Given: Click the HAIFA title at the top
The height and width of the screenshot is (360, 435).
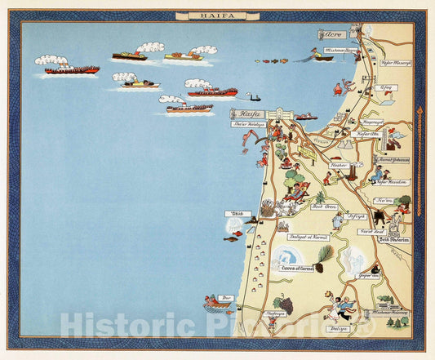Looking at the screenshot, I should (x=217, y=15).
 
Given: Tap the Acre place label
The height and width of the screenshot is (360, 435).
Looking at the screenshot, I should (x=331, y=35).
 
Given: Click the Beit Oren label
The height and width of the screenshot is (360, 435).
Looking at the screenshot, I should (x=324, y=207).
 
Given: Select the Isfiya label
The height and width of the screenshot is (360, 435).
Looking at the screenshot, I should (x=355, y=216).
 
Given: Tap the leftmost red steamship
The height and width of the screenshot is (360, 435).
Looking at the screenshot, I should (x=71, y=70).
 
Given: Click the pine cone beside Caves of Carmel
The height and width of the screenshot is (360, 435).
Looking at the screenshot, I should (x=325, y=257).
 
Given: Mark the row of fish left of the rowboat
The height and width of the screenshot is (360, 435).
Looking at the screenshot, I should (x=271, y=60).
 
